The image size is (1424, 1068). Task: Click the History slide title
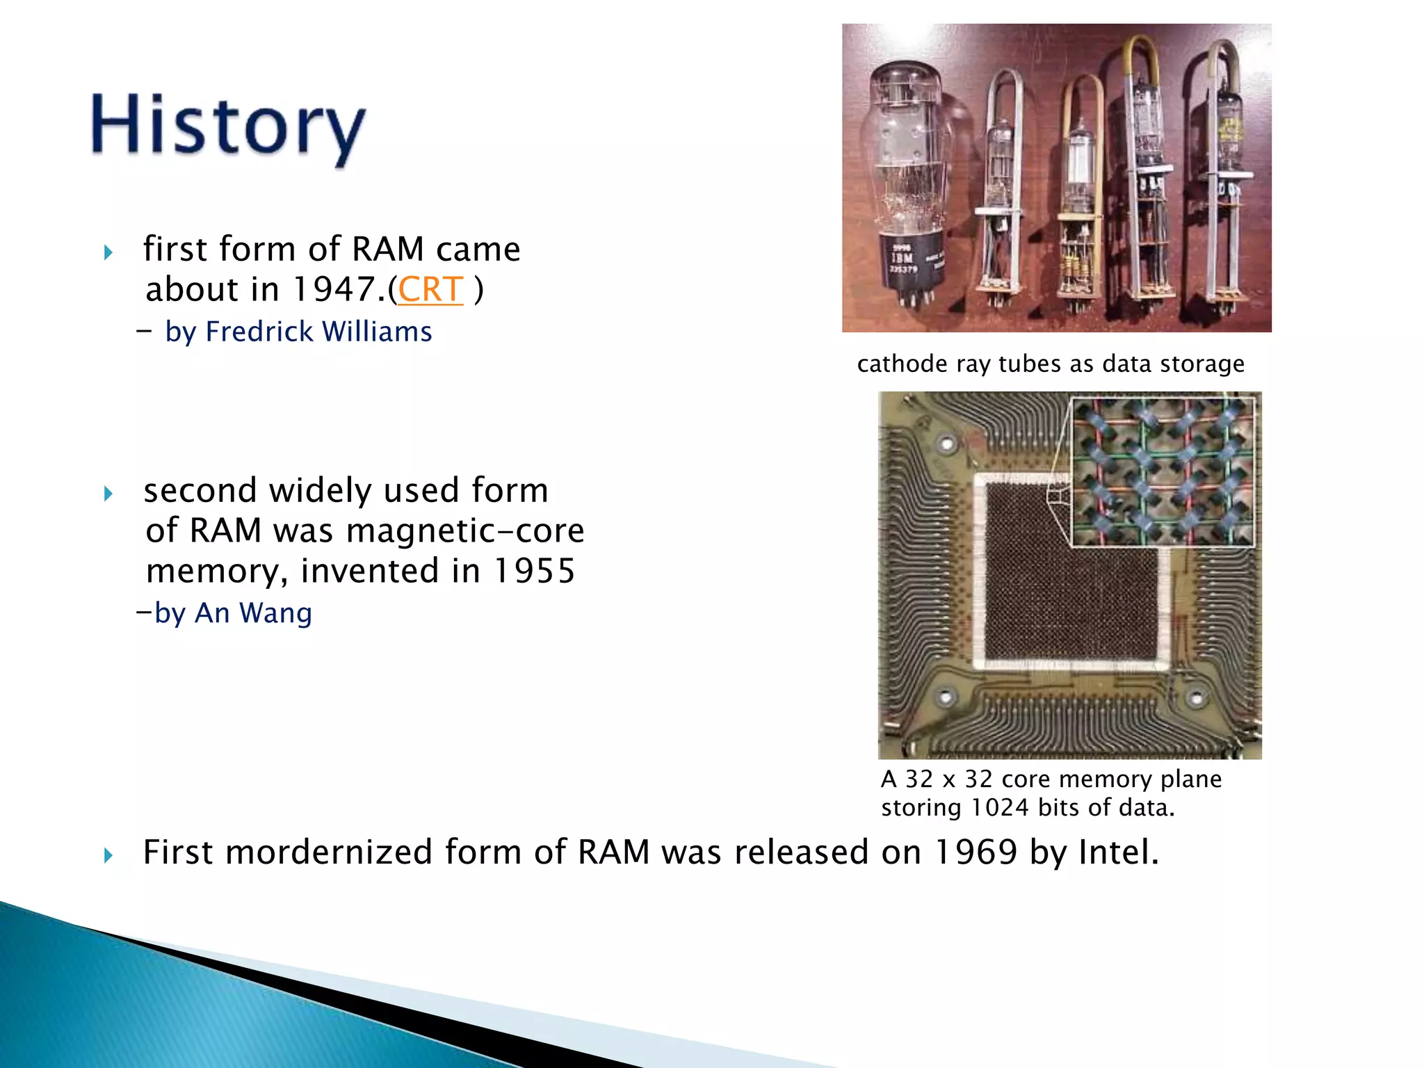[228, 129]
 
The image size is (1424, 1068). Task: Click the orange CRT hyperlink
[430, 289]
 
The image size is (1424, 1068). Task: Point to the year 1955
[534, 571]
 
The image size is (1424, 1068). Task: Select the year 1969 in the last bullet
[976, 852]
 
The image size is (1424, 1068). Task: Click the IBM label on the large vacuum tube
[903, 259]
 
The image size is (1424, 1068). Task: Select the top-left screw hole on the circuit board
[946, 443]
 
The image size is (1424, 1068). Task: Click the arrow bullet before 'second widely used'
[108, 494]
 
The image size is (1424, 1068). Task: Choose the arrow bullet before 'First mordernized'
[108, 855]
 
